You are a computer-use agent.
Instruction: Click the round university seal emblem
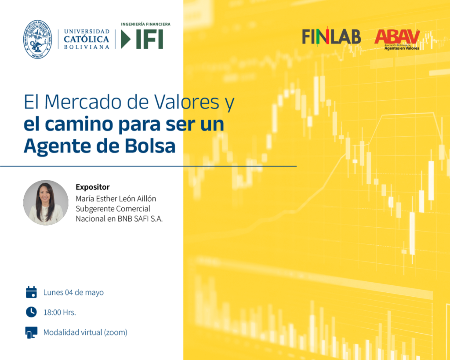[38, 39]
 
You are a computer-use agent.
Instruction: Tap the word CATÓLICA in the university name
[87, 39]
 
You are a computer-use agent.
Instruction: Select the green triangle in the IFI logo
[125, 39]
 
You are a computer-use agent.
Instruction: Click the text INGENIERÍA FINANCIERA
[145, 24]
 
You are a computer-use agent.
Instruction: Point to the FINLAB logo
[331, 37]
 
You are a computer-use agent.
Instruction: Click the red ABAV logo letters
[397, 36]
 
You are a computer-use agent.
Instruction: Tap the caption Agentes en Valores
[402, 48]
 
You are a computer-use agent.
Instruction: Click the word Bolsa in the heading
[150, 146]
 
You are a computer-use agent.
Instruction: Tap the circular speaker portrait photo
[46, 203]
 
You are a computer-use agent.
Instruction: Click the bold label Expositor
[93, 187]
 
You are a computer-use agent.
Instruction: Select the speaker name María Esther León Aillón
[116, 199]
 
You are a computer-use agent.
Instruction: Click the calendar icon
[31, 292]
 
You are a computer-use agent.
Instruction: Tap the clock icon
[31, 312]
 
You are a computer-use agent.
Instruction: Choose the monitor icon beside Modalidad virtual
[31, 332]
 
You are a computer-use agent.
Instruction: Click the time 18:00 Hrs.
[60, 313]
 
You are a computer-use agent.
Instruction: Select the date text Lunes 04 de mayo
[73, 293]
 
